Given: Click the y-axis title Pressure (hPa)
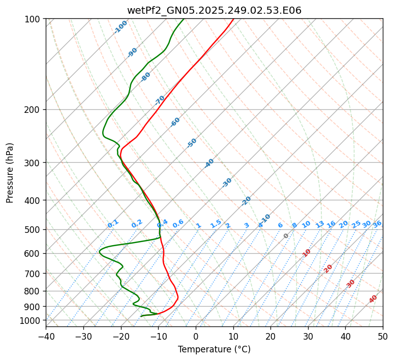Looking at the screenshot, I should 10,173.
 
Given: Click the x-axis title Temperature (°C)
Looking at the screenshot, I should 214,349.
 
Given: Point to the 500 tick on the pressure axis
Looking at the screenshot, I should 34,229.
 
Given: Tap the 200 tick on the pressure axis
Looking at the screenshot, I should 34,109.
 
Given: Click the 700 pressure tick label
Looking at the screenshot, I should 34,274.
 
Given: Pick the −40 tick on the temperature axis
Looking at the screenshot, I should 46,336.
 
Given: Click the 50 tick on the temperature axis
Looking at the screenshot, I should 383,336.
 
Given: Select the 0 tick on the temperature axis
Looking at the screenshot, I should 196,336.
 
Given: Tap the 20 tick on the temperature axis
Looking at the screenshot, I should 270,336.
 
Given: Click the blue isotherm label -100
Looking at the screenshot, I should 120,27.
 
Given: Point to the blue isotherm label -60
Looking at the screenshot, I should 175,122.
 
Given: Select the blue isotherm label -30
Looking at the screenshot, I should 227,183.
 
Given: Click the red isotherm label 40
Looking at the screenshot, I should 373,299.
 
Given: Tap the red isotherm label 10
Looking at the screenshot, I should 307,253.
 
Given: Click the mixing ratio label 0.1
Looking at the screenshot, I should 113,224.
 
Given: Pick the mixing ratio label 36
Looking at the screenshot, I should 377,224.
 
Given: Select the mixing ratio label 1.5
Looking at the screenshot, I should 216,224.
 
